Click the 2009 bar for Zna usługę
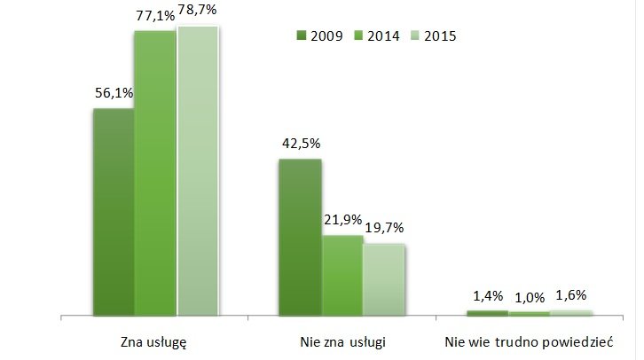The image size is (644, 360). pyautogui.click(x=114, y=213)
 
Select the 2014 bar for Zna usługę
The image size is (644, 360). pyautogui.click(x=155, y=174)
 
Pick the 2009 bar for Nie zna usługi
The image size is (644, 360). pyautogui.click(x=300, y=238)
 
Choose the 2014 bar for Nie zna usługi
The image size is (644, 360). pyautogui.click(x=342, y=276)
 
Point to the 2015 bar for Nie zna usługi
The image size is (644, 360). pyautogui.click(x=384, y=279)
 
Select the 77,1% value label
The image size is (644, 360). pyautogui.click(x=154, y=14)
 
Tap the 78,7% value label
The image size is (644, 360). pyautogui.click(x=199, y=12)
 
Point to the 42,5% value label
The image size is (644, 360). pyautogui.click(x=300, y=143)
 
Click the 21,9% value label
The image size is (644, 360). pyautogui.click(x=342, y=219)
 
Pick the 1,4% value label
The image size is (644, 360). pyautogui.click(x=487, y=295)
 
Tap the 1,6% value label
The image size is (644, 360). pyautogui.click(x=572, y=294)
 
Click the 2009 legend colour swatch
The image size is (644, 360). pyautogui.click(x=301, y=36)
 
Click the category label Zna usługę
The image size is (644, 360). pyautogui.click(x=152, y=340)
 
